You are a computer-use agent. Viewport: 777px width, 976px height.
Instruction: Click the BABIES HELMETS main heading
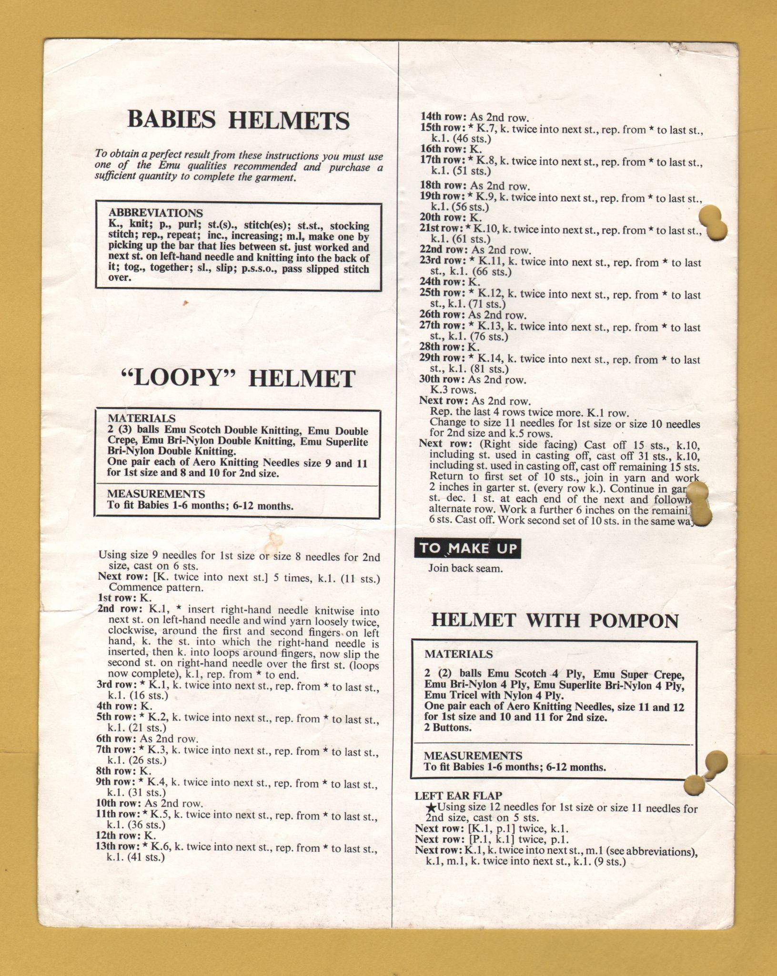[x=238, y=120]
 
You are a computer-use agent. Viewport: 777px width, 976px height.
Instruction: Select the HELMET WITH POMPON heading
[x=555, y=620]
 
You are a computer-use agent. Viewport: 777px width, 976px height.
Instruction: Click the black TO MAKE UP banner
[x=468, y=548]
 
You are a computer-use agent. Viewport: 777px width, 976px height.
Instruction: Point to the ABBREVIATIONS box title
[x=155, y=213]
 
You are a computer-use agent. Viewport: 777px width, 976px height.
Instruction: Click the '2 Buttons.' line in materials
[x=448, y=728]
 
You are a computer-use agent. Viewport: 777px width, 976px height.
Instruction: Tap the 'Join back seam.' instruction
[x=465, y=568]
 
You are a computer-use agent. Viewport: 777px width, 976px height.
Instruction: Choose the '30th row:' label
[x=443, y=380]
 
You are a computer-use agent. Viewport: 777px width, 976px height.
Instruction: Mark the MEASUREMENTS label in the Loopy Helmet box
[x=156, y=494]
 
